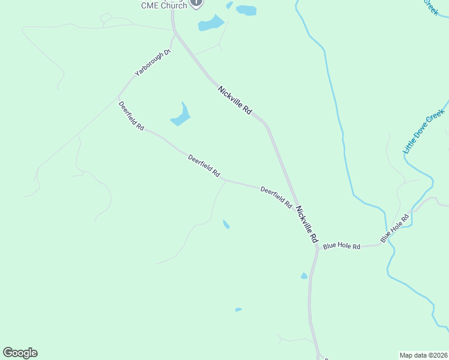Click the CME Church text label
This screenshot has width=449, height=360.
click(164, 5)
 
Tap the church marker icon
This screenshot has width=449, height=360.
click(196, 3)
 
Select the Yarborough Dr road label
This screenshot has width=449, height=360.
click(153, 62)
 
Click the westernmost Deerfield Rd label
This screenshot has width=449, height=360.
click(131, 116)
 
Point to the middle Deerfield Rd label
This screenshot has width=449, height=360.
click(203, 166)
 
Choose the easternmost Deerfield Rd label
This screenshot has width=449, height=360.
click(276, 197)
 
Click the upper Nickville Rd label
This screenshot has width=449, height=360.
click(235, 100)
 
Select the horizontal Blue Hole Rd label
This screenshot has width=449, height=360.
click(342, 246)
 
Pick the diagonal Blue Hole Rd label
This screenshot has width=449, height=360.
click(394, 229)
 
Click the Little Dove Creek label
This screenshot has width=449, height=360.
click(424, 131)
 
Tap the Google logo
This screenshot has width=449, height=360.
click(20, 353)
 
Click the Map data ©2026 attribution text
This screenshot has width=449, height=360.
click(423, 355)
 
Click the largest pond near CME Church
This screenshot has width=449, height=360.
click(211, 23)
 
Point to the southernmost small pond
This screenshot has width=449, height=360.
click(238, 310)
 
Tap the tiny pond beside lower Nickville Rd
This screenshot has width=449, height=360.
click(304, 276)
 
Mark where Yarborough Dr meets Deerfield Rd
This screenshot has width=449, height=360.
click(119, 96)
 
